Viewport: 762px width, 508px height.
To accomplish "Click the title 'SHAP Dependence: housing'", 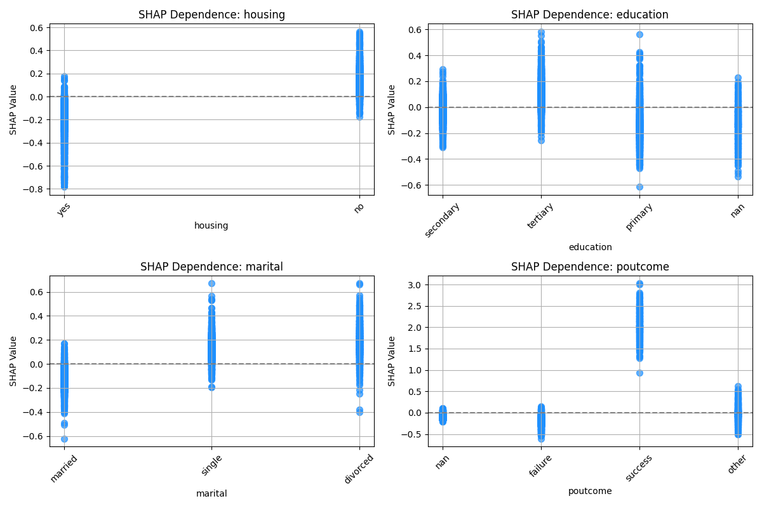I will pyautogui.click(x=211, y=15).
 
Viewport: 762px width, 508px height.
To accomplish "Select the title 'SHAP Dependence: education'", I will pyautogui.click(x=590, y=15).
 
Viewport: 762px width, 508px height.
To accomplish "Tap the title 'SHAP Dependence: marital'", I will pyautogui.click(x=211, y=267).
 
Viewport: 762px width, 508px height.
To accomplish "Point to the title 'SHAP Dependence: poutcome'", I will pyautogui.click(x=590, y=267).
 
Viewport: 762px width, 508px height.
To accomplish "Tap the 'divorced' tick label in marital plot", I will pyautogui.click(x=359, y=469).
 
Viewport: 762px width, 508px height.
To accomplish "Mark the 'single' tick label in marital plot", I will pyautogui.click(x=211, y=465).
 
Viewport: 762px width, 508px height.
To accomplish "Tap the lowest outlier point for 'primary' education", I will pyautogui.click(x=639, y=187).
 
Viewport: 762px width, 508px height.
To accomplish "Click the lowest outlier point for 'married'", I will pyautogui.click(x=64, y=439).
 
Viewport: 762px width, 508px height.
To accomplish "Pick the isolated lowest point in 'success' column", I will pyautogui.click(x=639, y=373).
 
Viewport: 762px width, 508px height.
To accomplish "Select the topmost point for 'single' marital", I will pyautogui.click(x=211, y=283).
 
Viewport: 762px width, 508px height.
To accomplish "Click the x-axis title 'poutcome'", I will pyautogui.click(x=590, y=491).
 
